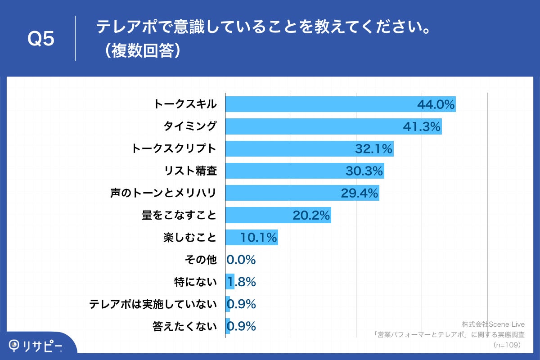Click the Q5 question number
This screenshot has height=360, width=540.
(x=41, y=39)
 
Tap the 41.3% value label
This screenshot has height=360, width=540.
(x=421, y=127)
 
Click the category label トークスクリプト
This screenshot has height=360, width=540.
(x=174, y=148)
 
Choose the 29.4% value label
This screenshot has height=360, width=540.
(x=359, y=193)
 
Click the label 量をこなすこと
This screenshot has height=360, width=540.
(x=179, y=216)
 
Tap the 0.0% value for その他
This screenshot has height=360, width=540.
(x=241, y=260)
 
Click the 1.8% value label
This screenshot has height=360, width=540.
(x=242, y=282)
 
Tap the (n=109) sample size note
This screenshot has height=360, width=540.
(x=507, y=345)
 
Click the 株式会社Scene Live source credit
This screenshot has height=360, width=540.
(x=493, y=324)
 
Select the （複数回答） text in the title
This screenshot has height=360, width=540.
(x=141, y=51)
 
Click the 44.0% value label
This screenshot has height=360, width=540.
(x=436, y=105)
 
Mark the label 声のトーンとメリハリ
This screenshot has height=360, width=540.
(x=163, y=193)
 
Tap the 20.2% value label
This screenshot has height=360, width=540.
(x=311, y=216)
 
